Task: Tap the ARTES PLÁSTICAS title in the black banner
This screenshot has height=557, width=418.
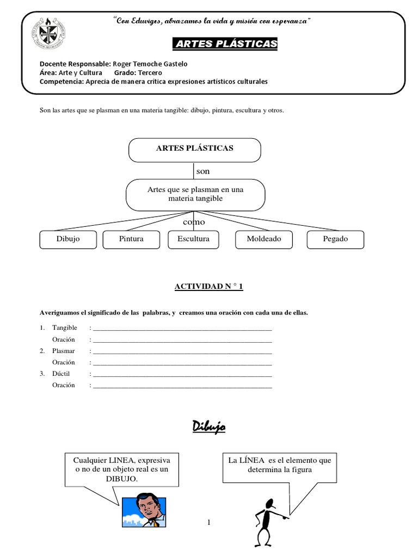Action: coord(225,44)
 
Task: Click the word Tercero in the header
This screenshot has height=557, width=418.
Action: coord(150,72)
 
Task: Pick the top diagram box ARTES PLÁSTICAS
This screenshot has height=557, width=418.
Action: coord(195,148)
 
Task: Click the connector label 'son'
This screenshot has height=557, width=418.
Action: coord(202,171)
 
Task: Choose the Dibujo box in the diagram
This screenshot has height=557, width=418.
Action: coord(68,239)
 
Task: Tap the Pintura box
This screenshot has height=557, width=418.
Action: coord(131,239)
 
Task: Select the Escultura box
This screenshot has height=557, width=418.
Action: coord(193,239)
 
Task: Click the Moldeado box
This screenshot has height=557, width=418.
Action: coord(263,239)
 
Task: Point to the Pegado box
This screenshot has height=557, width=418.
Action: coord(335,239)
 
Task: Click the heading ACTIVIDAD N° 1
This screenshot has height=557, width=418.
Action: coord(208,287)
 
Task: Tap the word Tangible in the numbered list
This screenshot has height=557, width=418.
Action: coord(65,327)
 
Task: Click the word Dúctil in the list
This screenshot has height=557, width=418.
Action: coord(62,374)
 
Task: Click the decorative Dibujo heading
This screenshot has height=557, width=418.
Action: coord(208,428)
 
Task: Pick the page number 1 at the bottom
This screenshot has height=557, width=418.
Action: coord(208,523)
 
